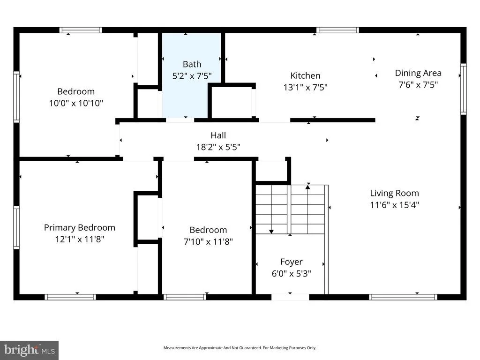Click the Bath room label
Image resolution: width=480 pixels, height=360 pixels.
point(192,64)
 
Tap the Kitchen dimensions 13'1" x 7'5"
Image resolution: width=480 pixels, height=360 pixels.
point(305,87)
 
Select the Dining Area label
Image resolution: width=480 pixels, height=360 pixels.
point(418,73)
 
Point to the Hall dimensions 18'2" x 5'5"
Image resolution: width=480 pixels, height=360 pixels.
point(218,147)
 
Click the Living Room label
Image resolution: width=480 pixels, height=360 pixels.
point(394,193)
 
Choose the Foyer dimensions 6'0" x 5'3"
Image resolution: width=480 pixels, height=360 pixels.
point(292,273)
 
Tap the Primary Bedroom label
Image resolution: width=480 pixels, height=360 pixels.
point(80,228)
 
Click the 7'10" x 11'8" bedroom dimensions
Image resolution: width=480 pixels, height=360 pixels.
point(208,241)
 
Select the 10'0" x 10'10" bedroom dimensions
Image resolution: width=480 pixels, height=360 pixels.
point(76,103)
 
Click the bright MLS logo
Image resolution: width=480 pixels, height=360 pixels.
point(30,350)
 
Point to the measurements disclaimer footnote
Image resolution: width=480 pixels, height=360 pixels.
point(240,348)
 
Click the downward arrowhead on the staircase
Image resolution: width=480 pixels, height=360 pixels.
point(271,232)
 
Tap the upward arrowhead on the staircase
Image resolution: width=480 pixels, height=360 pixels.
point(308,187)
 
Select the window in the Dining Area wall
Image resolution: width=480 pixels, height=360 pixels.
point(464,89)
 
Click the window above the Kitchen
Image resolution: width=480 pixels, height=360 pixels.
point(337,30)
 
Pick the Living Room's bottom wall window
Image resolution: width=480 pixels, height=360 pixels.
point(403,297)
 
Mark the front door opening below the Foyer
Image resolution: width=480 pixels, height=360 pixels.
point(290,297)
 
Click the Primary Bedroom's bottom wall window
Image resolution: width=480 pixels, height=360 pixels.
point(70,297)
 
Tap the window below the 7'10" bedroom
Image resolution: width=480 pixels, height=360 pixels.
point(185,297)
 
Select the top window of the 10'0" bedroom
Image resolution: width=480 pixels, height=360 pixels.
point(81,30)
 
